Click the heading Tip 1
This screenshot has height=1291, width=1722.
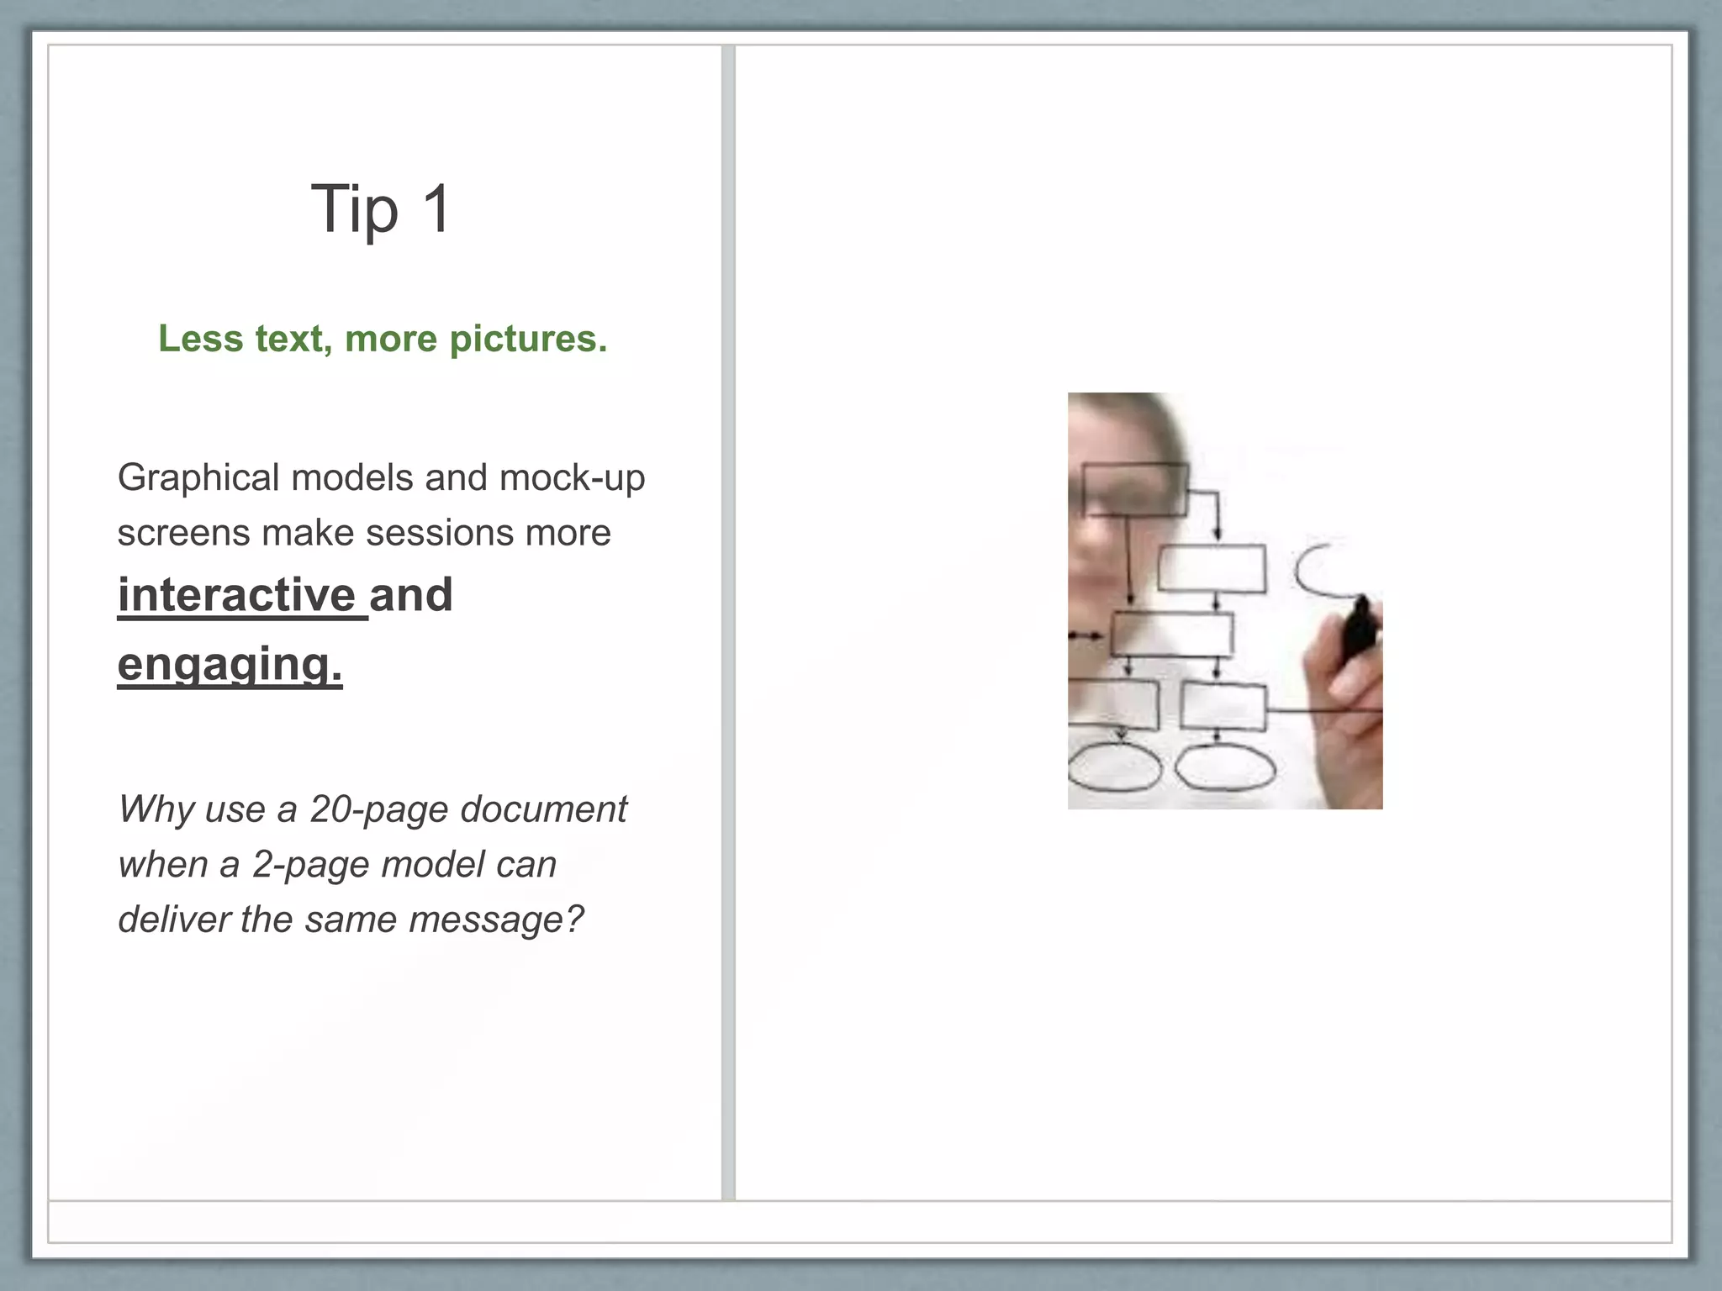[381, 208]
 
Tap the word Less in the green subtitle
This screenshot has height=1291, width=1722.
[199, 339]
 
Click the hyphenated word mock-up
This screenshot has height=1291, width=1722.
[572, 477]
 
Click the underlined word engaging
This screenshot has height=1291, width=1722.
[230, 664]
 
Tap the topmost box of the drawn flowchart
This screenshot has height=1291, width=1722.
[1135, 489]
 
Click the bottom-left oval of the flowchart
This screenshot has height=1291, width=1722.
[1115, 767]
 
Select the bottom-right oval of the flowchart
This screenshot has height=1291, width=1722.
[1223, 767]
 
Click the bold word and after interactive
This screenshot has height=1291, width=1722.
[410, 595]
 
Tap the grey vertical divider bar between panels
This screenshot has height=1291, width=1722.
[728, 622]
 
